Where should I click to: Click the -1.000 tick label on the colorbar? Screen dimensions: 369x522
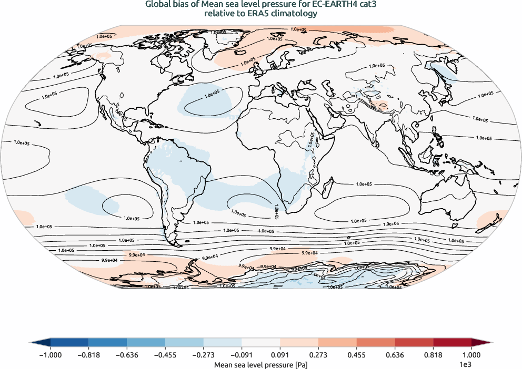point(51,354)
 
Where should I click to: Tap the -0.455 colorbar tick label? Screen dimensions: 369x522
point(165,354)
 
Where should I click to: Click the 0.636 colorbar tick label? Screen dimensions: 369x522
point(395,354)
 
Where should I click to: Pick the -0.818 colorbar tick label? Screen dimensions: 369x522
point(89,354)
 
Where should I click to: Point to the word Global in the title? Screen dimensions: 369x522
point(158,6)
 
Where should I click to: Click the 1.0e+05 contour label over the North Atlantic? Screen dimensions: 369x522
point(212,95)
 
